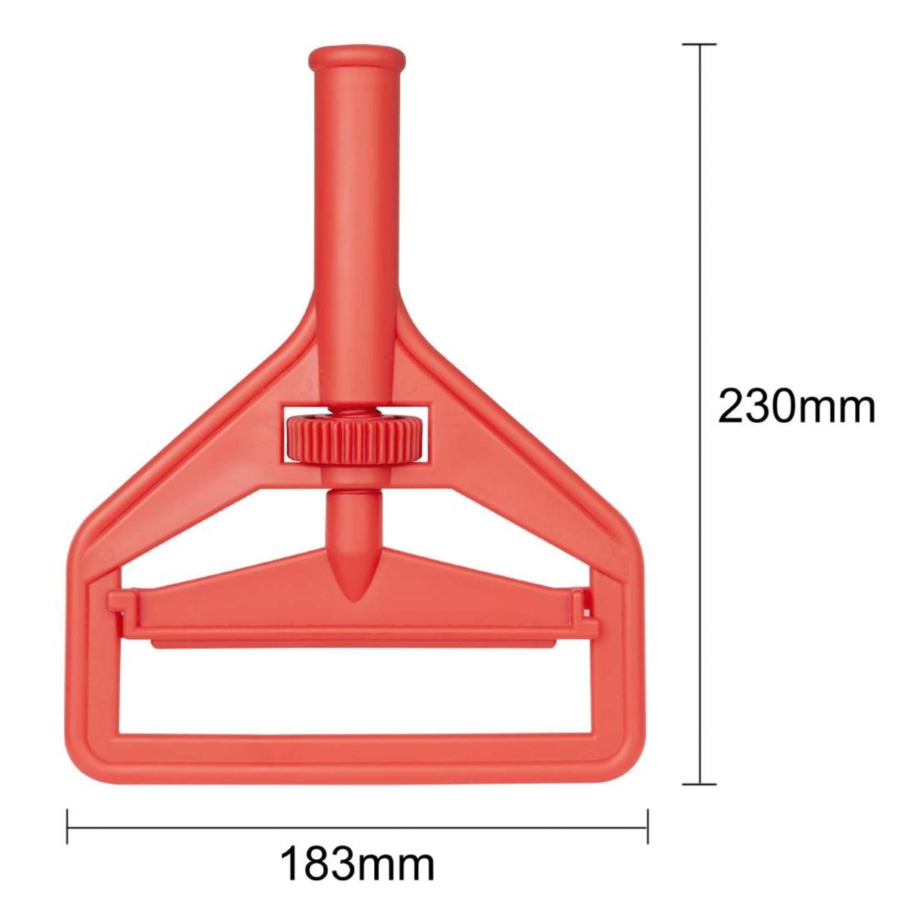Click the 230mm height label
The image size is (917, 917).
pos(796,405)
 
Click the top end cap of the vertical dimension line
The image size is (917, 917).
pos(700,44)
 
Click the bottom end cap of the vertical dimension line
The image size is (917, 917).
pos(700,784)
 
